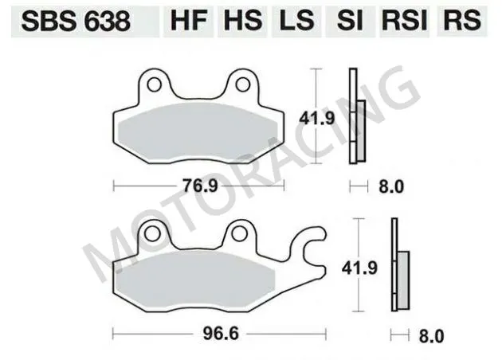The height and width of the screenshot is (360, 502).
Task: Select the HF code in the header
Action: (x=189, y=21)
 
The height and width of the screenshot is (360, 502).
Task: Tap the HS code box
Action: (x=243, y=21)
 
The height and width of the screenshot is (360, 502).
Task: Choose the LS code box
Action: (x=297, y=21)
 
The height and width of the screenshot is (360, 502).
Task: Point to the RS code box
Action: (x=462, y=21)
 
